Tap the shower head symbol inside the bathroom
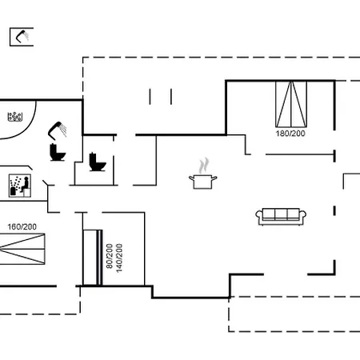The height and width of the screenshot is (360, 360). click(58, 128)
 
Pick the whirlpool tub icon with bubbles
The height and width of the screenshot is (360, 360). click(15, 118)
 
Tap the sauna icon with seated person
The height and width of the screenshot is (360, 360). click(18, 185)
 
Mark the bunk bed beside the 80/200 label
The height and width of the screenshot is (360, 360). click(92, 258)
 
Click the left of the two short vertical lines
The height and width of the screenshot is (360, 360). click(150, 97)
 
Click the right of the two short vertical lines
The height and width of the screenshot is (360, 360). click(170, 97)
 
